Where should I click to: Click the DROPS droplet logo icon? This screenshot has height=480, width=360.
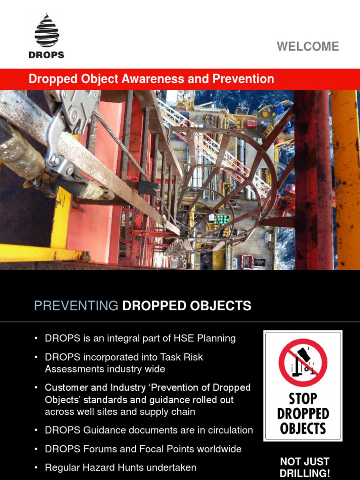[x=46, y=31]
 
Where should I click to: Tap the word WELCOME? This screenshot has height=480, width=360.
[x=307, y=46]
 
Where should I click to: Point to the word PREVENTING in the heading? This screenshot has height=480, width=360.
[x=76, y=306]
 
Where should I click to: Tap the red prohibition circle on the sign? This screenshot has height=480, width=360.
[x=303, y=362]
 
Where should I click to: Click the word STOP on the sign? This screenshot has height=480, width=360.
[x=303, y=399]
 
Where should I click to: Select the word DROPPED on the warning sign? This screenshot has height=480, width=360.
[x=303, y=414]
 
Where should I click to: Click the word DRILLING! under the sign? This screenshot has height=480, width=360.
[x=305, y=473]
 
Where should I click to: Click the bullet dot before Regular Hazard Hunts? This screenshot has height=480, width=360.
[x=36, y=467]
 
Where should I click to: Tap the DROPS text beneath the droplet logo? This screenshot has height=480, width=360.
[x=46, y=54]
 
